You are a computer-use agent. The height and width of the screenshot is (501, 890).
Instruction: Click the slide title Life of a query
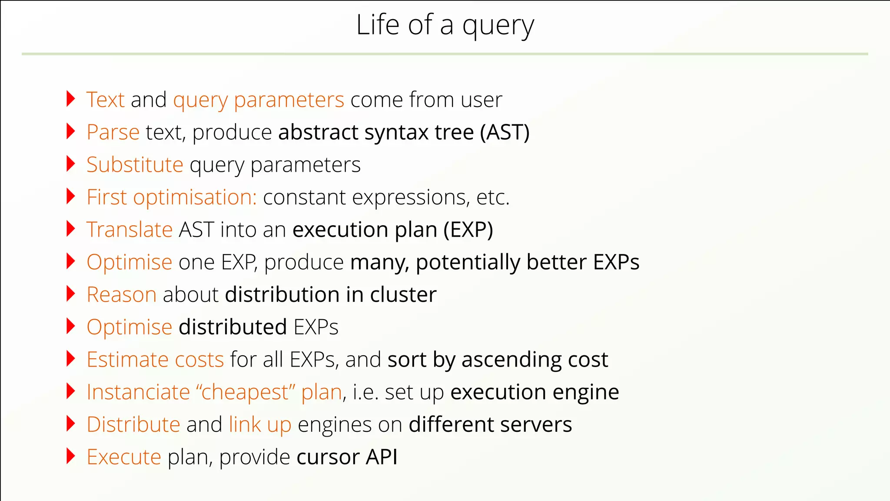point(445,25)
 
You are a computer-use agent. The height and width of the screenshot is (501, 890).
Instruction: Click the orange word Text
point(106,100)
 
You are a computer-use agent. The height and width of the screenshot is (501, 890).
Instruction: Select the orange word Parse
point(113,132)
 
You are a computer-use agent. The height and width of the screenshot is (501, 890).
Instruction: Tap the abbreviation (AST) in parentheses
point(505,132)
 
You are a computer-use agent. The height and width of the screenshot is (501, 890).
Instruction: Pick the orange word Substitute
point(135,165)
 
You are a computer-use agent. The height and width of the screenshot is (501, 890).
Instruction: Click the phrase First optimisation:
point(172,197)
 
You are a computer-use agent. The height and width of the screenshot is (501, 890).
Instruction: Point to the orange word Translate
point(130,230)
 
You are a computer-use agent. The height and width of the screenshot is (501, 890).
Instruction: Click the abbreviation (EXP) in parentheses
point(468,230)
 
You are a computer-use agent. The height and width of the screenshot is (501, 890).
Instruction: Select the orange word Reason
point(121,295)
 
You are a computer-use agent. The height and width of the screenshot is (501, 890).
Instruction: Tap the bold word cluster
point(403,295)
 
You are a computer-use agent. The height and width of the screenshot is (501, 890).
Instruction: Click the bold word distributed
point(232,327)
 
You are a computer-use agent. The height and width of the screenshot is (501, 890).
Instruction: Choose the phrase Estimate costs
point(155,360)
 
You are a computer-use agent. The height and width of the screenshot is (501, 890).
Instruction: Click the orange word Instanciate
point(138,392)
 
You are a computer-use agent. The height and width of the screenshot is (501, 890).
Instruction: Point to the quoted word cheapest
point(246,392)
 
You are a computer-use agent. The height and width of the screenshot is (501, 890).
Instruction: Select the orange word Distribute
point(133,424)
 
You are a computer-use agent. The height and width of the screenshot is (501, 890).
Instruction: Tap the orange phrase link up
point(260,424)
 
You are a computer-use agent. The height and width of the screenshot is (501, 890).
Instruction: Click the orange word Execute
point(124,457)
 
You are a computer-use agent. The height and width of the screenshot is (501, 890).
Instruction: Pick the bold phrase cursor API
point(347,457)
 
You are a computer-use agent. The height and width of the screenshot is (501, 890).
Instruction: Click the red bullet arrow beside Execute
point(71,456)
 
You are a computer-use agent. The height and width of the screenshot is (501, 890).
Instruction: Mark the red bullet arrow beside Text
point(71,99)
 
